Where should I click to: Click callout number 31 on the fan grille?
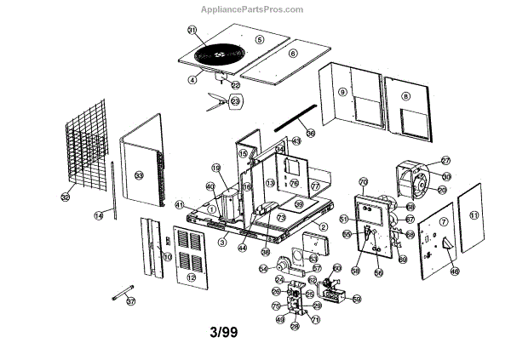[192, 31]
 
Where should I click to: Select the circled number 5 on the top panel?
[260, 39]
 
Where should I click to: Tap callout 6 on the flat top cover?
[292, 53]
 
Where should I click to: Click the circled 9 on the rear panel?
[342, 92]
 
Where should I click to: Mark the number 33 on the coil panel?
[140, 174]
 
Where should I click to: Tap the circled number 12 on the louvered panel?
[192, 278]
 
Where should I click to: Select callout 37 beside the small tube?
[154, 300]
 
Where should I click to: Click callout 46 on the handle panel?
[454, 271]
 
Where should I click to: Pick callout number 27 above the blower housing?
[445, 161]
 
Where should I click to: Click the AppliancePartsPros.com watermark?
[255, 9]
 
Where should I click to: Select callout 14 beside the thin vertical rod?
[99, 216]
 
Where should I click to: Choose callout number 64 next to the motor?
[263, 269]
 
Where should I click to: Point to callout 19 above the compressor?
[215, 168]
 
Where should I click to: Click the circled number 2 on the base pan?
[324, 228]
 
